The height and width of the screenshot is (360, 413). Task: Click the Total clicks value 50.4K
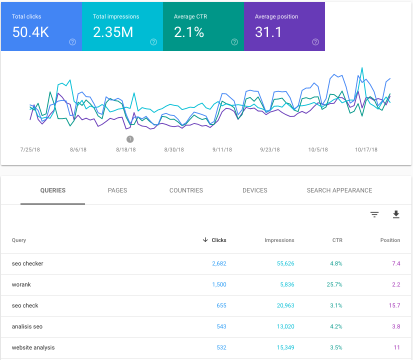click(x=30, y=32)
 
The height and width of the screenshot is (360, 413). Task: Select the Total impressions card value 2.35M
click(x=113, y=32)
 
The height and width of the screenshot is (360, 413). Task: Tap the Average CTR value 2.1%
click(x=189, y=32)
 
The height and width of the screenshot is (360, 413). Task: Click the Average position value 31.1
click(x=268, y=32)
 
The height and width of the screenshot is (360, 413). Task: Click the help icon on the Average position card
click(x=315, y=42)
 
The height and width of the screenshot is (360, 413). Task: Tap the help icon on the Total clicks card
click(x=72, y=42)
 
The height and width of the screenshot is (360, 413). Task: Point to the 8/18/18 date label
click(x=125, y=149)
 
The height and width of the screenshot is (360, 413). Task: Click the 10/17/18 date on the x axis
click(x=366, y=149)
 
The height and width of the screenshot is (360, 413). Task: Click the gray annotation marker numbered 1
click(x=130, y=139)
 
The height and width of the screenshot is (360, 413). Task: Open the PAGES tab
click(x=117, y=190)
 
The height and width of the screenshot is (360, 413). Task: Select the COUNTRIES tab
click(x=186, y=190)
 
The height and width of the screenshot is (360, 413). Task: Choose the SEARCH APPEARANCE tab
click(x=339, y=190)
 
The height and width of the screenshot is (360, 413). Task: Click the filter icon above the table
click(x=374, y=214)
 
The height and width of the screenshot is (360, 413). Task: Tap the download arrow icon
click(x=396, y=214)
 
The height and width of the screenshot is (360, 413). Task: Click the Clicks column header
click(x=218, y=240)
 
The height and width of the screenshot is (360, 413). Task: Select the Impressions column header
click(x=279, y=240)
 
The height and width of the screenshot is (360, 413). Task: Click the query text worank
click(x=21, y=284)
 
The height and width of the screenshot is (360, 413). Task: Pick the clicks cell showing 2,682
click(x=218, y=263)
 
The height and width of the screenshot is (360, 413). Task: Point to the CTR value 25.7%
click(x=334, y=284)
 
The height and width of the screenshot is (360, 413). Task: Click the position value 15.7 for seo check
click(x=394, y=305)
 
